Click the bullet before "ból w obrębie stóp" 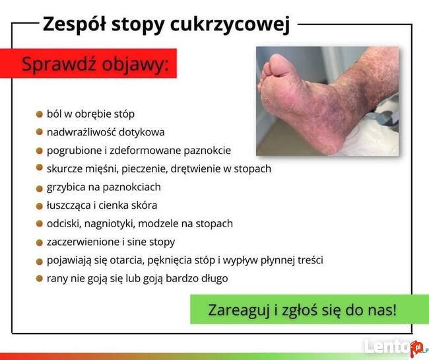(x=39, y=114)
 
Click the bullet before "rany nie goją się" (x=39, y=278)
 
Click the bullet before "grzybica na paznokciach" (x=39, y=187)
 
